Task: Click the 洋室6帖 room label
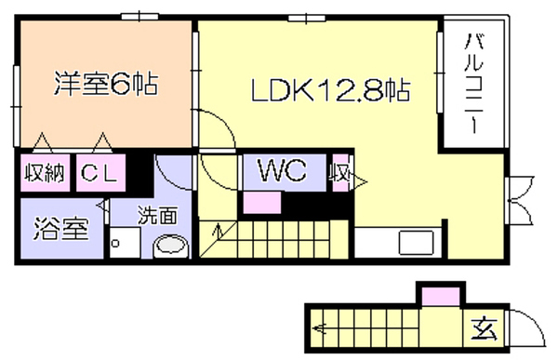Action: point(106,84)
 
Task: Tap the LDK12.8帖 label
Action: point(331,91)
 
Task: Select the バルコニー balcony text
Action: point(474,83)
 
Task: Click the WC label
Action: point(283,170)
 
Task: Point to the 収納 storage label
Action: point(45,173)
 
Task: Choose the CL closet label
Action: point(100,173)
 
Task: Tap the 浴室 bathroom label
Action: point(60,229)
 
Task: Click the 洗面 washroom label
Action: point(158,215)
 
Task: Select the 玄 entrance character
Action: point(485,328)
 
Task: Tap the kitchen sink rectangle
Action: point(416,243)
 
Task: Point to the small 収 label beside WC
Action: point(339,174)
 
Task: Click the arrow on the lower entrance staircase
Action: point(319,327)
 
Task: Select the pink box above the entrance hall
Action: point(441,297)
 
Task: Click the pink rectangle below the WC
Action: point(262,202)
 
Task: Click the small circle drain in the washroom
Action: point(115,244)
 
